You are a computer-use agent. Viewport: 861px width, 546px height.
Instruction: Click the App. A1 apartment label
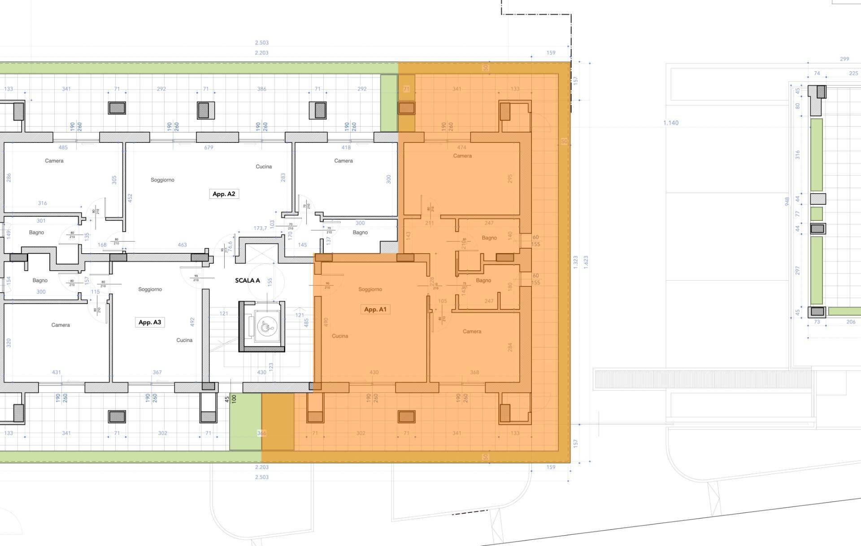pyautogui.click(x=375, y=309)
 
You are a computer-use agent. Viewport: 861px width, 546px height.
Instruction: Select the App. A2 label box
pyautogui.click(x=224, y=194)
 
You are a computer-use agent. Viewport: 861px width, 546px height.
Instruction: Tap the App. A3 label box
pyautogui.click(x=150, y=322)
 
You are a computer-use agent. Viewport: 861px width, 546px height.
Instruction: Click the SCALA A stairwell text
pyautogui.click(x=248, y=281)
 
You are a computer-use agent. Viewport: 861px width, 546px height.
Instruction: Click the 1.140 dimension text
pyautogui.click(x=671, y=123)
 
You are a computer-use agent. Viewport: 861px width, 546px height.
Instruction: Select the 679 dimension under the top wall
pyautogui.click(x=209, y=147)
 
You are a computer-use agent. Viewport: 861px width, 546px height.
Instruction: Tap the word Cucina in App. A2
pyautogui.click(x=264, y=167)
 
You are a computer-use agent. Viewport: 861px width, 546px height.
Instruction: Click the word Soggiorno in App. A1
pyautogui.click(x=370, y=290)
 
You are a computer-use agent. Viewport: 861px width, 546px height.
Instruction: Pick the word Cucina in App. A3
pyautogui.click(x=184, y=340)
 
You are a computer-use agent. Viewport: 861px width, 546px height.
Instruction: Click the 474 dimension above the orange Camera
pyautogui.click(x=461, y=147)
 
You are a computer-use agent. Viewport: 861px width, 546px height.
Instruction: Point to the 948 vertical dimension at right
pyautogui.click(x=787, y=202)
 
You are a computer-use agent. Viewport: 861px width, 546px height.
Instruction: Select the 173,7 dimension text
pyautogui.click(x=261, y=229)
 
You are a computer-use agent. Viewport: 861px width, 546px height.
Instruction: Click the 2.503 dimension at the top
pyautogui.click(x=262, y=43)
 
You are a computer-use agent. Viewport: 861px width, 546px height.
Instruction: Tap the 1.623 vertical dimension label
pyautogui.click(x=586, y=262)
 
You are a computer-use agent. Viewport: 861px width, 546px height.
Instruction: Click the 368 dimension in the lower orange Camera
pyautogui.click(x=474, y=372)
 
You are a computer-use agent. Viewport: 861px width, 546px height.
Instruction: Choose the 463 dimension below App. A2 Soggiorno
pyautogui.click(x=182, y=245)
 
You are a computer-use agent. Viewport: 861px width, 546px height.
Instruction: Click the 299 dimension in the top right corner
pyautogui.click(x=844, y=59)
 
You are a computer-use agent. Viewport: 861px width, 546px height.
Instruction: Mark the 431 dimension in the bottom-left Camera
pyautogui.click(x=57, y=372)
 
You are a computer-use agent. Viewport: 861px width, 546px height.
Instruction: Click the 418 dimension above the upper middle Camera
pyautogui.click(x=346, y=147)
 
